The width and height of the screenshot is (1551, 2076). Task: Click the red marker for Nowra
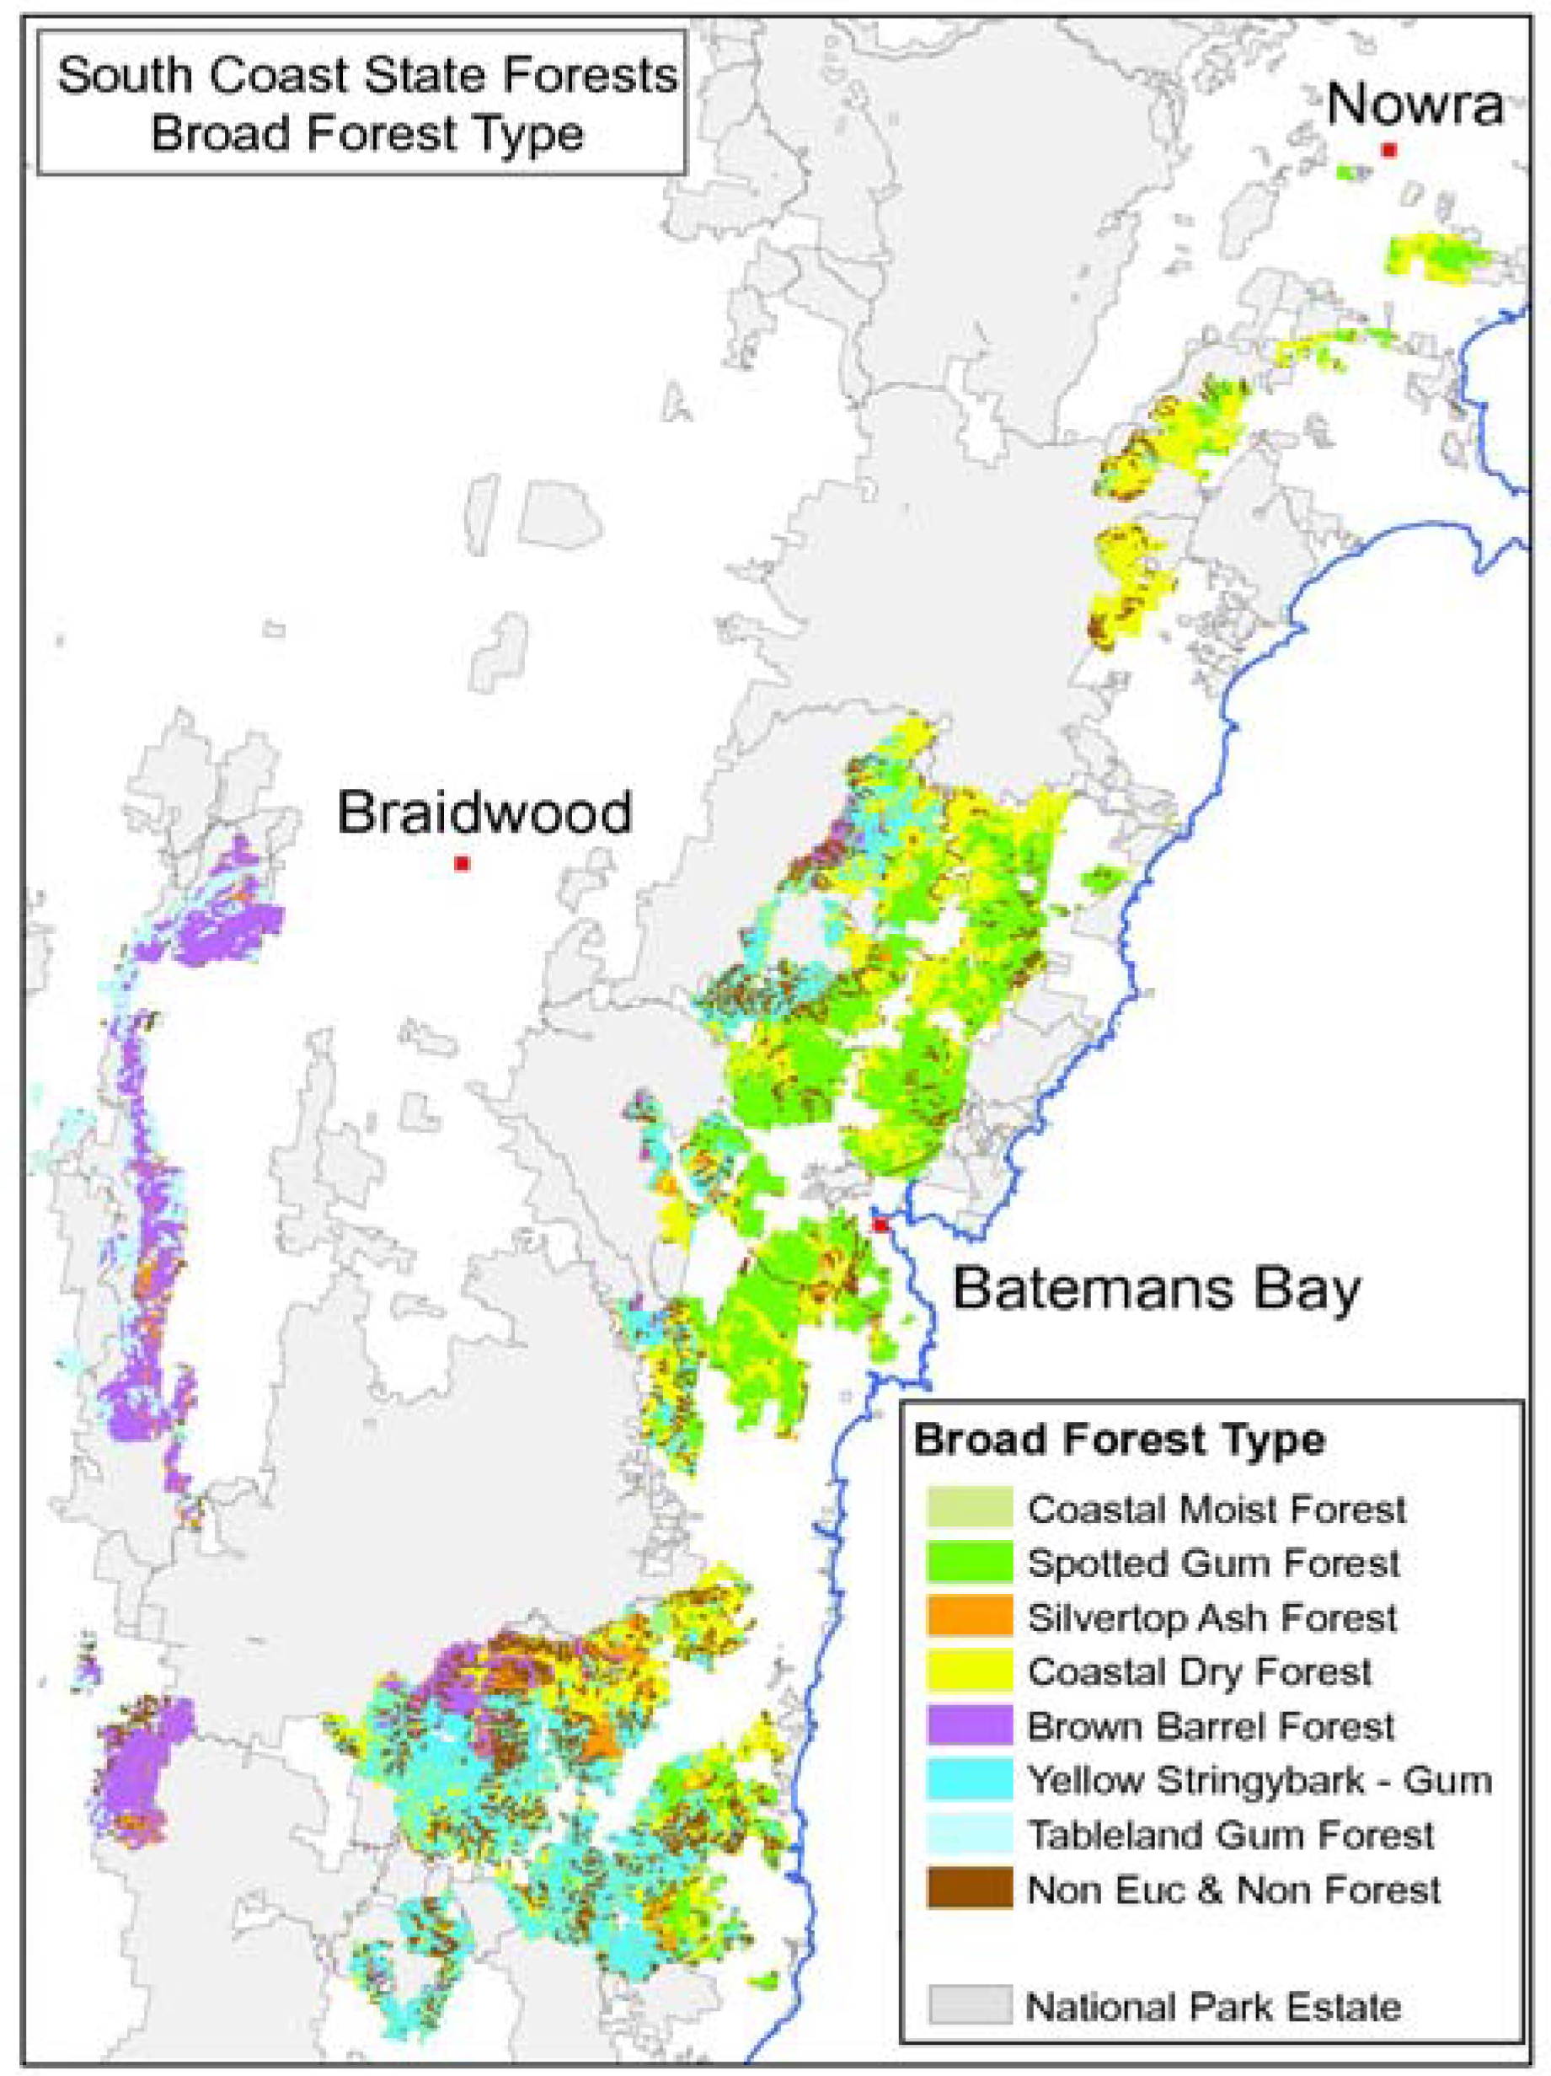coord(1388,150)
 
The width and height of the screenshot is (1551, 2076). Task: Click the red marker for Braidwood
coord(461,863)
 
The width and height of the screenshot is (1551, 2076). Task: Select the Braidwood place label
coord(485,812)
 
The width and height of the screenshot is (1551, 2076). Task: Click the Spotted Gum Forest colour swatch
coord(969,1563)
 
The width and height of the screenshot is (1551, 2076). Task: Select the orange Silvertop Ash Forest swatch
coord(969,1616)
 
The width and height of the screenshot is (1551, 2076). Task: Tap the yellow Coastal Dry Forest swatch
coord(969,1671)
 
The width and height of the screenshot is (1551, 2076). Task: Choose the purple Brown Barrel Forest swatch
coord(969,1725)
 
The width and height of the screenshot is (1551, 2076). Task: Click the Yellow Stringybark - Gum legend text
coord(1260,1779)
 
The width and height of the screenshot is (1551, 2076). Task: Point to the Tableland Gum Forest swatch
coord(969,1834)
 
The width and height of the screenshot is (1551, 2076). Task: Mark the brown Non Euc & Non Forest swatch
coord(969,1888)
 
